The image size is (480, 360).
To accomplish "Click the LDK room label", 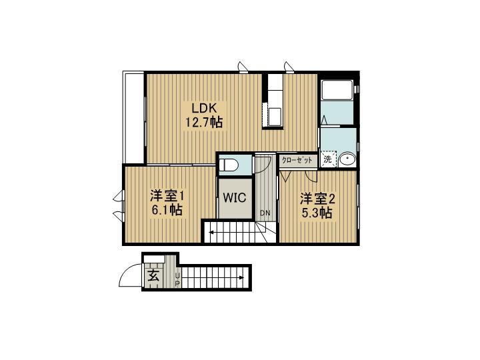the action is pos(205,108).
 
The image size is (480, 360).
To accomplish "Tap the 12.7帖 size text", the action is pos(204,123).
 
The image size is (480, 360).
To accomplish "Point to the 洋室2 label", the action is pos(317,199).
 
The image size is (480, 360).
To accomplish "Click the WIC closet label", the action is pos(235,198).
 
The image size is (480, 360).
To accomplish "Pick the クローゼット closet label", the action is pos(297,160).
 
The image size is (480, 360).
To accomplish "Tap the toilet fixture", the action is pos(229,165).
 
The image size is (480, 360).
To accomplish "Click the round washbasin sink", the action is pos(347,159).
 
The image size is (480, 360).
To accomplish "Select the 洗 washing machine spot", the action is pos(328,159).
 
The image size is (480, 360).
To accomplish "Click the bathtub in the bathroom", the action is pos(337,90).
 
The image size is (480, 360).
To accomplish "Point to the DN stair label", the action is pos(265,213).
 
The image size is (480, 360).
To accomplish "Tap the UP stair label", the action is pos(177,280).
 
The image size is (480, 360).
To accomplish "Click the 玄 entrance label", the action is pos(153,277).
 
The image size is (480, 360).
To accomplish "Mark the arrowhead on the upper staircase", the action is pos(211,233).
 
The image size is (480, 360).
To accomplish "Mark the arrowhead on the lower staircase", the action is pos(242,277).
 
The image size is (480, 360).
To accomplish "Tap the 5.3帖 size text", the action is pos(317,213).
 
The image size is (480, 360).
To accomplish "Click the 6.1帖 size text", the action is pos(167,210).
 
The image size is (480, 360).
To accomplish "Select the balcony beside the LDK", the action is pos(133,117).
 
